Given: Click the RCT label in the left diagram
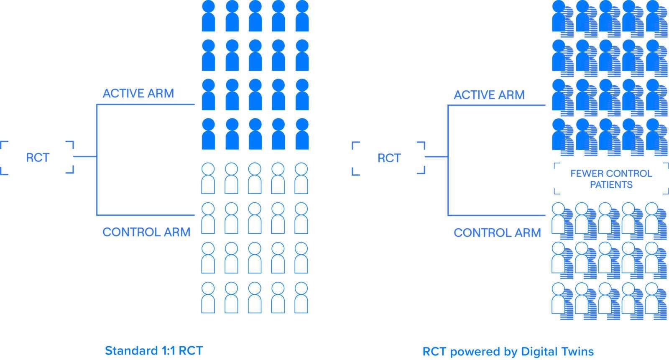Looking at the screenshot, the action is (38, 158).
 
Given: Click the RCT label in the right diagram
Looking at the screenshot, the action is (389, 158).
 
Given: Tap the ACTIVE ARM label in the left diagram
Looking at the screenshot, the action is (138, 94).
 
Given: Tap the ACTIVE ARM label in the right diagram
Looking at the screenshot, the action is (489, 95).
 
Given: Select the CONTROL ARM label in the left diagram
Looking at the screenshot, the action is (146, 232).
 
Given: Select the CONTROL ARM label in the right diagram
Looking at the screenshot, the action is (497, 233).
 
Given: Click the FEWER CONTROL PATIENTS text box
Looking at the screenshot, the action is (611, 179).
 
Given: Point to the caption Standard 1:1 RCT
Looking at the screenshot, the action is (154, 351).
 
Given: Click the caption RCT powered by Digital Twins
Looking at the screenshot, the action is (508, 352).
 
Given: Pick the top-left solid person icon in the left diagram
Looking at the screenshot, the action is (209, 16).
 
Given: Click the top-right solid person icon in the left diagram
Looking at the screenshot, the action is (302, 16).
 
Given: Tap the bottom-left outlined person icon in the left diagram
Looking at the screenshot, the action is (208, 298).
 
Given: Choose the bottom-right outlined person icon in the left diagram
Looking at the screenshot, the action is (301, 298).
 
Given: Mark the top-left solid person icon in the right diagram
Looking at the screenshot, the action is (559, 16).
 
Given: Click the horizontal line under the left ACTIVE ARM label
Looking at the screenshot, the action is (146, 104).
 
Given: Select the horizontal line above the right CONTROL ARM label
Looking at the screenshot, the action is (497, 215).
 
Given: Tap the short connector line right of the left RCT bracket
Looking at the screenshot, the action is (85, 156).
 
